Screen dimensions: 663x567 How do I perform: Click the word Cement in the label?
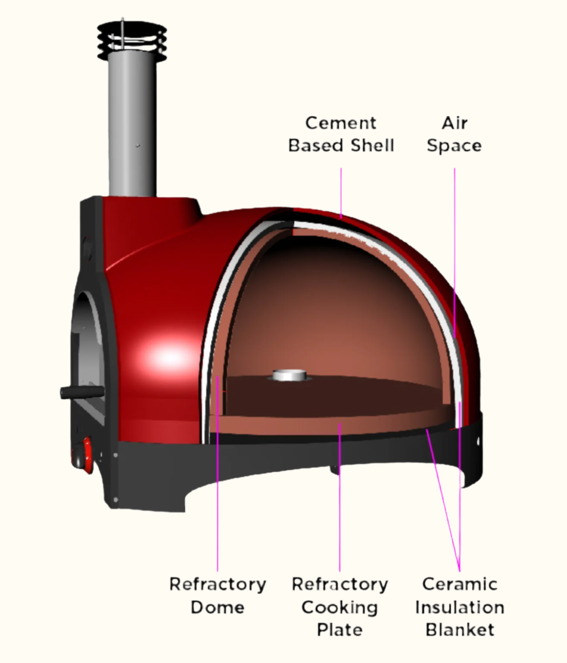pyautogui.click(x=340, y=123)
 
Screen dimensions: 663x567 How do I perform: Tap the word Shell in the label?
pyautogui.click(x=372, y=145)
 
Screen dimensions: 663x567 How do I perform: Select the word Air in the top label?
pyautogui.click(x=454, y=123)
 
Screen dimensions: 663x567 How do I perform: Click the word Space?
pyautogui.click(x=454, y=146)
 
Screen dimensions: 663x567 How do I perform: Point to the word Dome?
pyautogui.click(x=217, y=607)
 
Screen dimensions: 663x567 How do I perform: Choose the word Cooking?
pyautogui.click(x=340, y=607)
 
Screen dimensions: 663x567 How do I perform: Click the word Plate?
pyautogui.click(x=340, y=630)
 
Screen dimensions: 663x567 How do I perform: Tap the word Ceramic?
pyautogui.click(x=460, y=584)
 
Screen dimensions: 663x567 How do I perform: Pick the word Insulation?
pyautogui.click(x=460, y=607)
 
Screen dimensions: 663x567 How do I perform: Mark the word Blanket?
pyautogui.click(x=460, y=630)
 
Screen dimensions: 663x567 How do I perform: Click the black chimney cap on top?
pyautogui.click(x=132, y=41)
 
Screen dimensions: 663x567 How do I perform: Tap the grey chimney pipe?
pyautogui.click(x=132, y=129)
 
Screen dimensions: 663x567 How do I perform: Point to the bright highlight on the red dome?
pyautogui.click(x=168, y=357)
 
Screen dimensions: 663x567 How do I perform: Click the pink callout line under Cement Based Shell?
pyautogui.click(x=341, y=190)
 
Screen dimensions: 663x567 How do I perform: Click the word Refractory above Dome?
pyautogui.click(x=217, y=584)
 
